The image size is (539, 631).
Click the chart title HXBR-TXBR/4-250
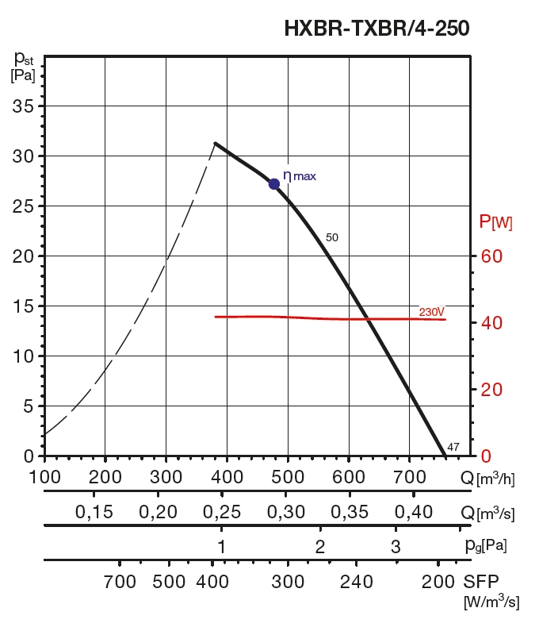(377, 29)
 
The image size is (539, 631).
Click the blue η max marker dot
(274, 183)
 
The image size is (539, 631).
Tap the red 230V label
(432, 312)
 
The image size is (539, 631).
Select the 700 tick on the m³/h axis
(409, 477)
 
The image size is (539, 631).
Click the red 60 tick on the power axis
(491, 256)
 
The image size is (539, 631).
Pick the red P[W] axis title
(496, 222)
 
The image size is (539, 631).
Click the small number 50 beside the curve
(332, 237)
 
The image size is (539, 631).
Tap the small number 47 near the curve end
(453, 447)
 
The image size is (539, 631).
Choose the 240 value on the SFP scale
(356, 582)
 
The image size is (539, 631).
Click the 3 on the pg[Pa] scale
(396, 546)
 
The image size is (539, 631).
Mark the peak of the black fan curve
(215, 144)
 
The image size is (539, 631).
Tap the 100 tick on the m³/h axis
(44, 477)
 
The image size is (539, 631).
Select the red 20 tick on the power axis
(491, 390)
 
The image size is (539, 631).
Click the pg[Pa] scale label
(486, 546)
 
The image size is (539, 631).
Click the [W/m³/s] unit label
(491, 603)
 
